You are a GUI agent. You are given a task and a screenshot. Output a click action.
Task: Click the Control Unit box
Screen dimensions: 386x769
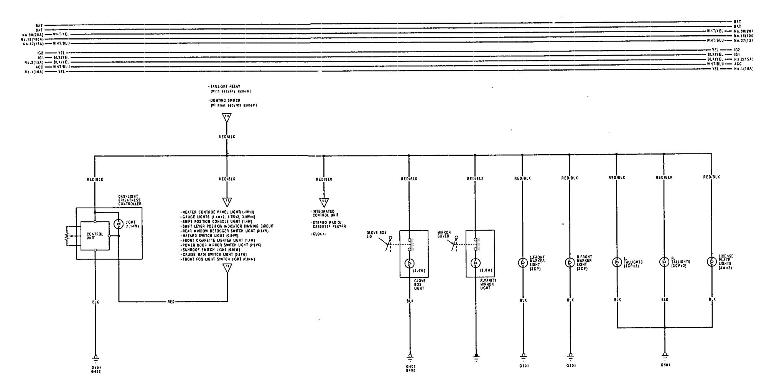95,236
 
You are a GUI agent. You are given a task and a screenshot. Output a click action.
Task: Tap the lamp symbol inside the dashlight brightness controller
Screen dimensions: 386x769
119,224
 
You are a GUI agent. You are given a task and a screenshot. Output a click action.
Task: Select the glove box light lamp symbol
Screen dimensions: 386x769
410,264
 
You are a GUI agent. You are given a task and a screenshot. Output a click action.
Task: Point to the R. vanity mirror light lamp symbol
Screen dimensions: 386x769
476,264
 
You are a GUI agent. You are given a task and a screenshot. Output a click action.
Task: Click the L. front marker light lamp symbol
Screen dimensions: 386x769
522,263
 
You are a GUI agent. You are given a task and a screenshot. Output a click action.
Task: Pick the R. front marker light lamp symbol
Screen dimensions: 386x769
570,263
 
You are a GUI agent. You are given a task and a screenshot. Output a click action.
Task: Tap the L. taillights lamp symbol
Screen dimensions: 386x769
617,262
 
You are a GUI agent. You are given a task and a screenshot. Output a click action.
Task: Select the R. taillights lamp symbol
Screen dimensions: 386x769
664,262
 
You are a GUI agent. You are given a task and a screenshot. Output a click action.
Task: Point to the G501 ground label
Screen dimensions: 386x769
665,365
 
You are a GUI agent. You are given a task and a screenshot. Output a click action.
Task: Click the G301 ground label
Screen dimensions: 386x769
524,366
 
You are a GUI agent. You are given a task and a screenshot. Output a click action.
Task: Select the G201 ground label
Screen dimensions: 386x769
571,366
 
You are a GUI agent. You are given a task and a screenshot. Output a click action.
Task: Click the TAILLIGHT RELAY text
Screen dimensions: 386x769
225,87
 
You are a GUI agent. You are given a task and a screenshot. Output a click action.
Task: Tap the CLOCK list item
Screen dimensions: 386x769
319,234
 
